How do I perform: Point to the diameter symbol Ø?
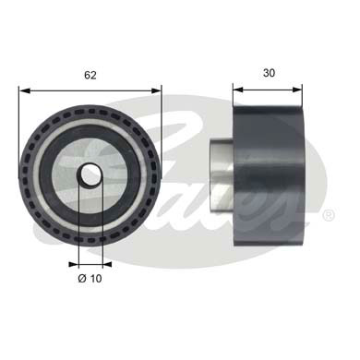click(x=81, y=276)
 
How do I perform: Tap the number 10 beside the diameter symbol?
click(x=97, y=276)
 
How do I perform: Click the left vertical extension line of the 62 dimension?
click(x=18, y=129)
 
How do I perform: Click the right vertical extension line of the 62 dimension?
click(x=162, y=129)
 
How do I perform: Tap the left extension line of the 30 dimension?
click(x=233, y=100)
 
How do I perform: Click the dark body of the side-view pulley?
click(x=268, y=175)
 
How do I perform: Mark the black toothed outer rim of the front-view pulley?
click(x=37, y=175)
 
